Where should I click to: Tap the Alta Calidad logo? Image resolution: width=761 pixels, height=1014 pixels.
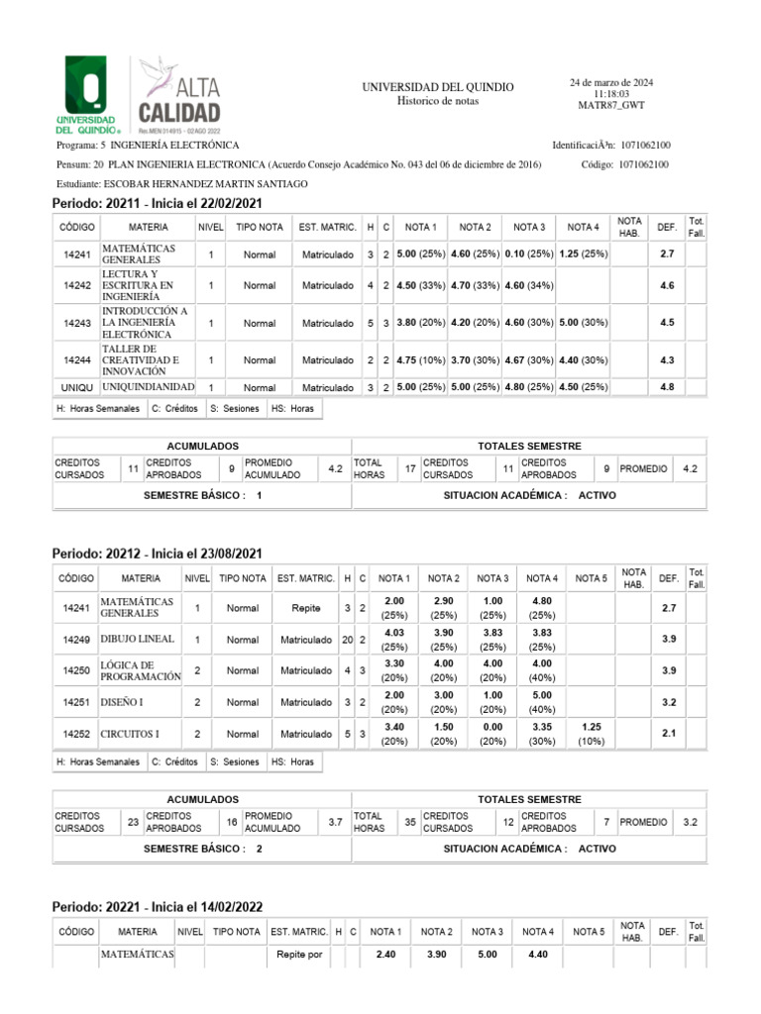[179, 94]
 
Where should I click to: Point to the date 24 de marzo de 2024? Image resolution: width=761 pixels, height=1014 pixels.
[610, 81]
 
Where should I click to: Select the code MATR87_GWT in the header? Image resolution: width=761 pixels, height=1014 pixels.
[611, 105]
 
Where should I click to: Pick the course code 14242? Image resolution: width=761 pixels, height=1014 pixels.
[76, 285]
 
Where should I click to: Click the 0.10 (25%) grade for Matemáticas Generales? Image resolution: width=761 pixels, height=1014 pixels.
[528, 254]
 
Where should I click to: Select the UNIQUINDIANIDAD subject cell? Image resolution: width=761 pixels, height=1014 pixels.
[148, 386]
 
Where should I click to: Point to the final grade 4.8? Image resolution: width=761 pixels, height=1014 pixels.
[667, 387]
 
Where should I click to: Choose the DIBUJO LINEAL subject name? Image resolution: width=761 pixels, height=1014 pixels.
[137, 640]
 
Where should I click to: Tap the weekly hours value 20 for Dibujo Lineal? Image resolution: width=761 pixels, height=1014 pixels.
[348, 641]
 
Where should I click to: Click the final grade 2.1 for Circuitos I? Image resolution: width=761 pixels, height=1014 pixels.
[669, 735]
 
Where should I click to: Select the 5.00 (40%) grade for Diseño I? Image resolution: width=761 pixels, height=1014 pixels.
[541, 703]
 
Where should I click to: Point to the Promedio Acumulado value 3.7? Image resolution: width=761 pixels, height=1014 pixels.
[335, 822]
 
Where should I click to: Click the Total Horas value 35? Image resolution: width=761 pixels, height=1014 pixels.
[409, 822]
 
